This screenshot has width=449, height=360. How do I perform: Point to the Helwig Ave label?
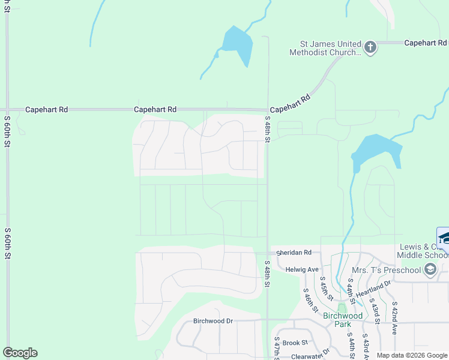pos(302,269)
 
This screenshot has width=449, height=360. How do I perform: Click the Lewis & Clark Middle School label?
pos(423,251)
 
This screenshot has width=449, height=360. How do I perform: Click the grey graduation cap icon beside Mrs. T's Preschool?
pos(430,270)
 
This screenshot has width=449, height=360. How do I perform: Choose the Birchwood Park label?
pos(343,320)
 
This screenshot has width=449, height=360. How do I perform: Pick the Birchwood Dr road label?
pos(212,321)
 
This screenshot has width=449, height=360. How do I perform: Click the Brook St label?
pos(295,343)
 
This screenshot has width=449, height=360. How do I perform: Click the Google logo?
pos(20,353)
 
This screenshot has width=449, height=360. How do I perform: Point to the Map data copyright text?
pos(412,355)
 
